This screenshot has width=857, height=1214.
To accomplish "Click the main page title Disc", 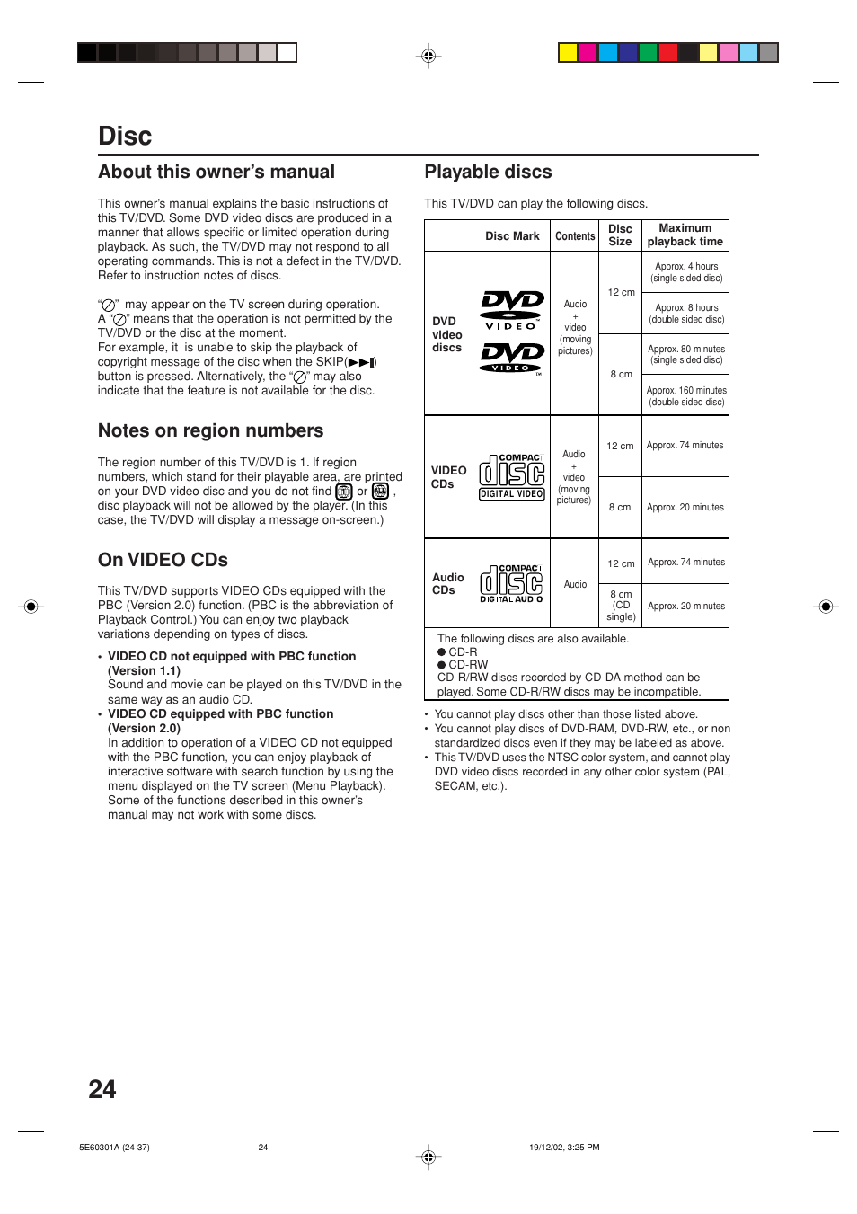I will pos(125,137).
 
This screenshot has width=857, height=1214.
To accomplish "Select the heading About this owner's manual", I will pos(216,173).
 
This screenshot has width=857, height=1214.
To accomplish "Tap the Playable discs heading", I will pos(488,173).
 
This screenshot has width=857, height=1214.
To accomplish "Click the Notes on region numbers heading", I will pos(210,431).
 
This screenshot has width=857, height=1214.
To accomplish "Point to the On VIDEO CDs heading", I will pos(163,560).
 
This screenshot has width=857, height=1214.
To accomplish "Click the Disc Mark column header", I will pos(512,236).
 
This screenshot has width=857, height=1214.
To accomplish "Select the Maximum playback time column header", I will pos(685,235).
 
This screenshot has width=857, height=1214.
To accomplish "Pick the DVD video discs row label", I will pos(446,334).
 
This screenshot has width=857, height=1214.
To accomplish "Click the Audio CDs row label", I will pos(447,584).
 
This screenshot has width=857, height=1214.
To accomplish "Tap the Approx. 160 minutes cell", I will pos(686,396).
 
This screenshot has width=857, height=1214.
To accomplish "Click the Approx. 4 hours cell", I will pos(686,272).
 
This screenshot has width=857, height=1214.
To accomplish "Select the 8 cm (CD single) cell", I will pos(621,606).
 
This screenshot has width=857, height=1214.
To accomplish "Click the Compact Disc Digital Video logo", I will pos(512,476).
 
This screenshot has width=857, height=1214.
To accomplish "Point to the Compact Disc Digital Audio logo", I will pos(512,584).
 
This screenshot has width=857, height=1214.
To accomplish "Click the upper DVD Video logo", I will pos(512,309).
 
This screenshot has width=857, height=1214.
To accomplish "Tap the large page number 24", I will pos(102,1089).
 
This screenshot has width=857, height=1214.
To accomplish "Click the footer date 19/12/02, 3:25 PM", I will pos(564,1148).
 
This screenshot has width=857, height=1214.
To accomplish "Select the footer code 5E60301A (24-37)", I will pos(114,1148).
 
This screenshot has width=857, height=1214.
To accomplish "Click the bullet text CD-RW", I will pos(468,665).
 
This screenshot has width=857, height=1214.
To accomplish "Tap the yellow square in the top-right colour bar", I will pos(568,53).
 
